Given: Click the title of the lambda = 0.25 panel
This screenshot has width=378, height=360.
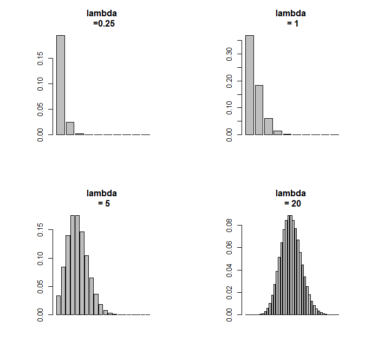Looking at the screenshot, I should coord(102,18).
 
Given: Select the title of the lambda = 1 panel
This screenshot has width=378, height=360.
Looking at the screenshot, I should coord(291,18).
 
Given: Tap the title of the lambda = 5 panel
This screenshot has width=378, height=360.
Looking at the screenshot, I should coord(102,198).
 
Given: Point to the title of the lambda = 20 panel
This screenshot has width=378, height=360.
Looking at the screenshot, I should coord(291,198).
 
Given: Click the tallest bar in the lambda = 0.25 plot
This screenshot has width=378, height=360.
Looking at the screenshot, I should coord(61,85).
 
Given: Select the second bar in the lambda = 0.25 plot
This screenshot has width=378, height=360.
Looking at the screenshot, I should coord(70,128).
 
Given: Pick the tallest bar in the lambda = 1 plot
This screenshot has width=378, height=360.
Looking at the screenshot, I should coord(250,85).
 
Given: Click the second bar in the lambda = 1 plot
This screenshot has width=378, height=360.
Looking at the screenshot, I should coord(259,110).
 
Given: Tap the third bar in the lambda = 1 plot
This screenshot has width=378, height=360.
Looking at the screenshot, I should coord(269,126).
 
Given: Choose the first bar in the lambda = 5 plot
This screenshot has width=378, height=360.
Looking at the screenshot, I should coord(58,305).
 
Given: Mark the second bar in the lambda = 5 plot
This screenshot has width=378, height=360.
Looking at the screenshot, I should coord(63,291).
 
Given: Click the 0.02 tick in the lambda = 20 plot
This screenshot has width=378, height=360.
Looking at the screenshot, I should coord(230,292).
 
